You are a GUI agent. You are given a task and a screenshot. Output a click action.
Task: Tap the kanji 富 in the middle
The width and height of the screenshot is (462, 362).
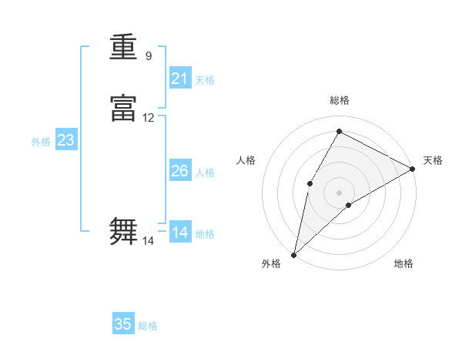coord(123,109)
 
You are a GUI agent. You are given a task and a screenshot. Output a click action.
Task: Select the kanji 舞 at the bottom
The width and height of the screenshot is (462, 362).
coord(123,231)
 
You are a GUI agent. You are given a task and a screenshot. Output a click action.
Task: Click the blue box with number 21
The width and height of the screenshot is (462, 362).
coord(180,79)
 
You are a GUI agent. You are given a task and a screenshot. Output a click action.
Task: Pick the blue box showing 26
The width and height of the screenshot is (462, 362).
coord(180,171)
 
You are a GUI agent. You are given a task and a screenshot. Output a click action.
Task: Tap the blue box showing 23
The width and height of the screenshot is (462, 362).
coord(65,141)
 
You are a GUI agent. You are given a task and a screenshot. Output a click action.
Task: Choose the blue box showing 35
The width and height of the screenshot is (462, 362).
coord(123,324)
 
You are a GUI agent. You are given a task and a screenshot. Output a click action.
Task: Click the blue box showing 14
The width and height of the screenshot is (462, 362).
coord(180,233)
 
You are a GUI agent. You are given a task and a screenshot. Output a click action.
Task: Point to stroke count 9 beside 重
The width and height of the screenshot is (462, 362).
coord(149,55)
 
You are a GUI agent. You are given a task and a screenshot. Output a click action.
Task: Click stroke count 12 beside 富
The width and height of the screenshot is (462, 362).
coord(149,118)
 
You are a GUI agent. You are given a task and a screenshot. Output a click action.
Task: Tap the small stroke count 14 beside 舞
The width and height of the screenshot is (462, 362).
coord(149,241)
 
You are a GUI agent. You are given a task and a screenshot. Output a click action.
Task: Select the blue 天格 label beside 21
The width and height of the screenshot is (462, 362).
coord(205,79)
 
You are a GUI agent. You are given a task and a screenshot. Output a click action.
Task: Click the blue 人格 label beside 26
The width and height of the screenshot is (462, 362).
coord(205,172)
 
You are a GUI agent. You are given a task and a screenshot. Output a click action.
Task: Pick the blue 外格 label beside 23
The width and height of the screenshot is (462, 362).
coord(41,142)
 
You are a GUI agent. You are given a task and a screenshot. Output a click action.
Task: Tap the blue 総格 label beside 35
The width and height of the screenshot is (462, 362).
coord(148,326)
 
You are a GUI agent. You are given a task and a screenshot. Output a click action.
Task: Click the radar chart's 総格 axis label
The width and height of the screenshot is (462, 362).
coord(340,100)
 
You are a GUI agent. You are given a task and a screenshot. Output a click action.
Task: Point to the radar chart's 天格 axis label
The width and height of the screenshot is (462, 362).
coord(433,160)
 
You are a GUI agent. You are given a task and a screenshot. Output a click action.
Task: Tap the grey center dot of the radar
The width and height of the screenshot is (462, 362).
coord(340,192)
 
